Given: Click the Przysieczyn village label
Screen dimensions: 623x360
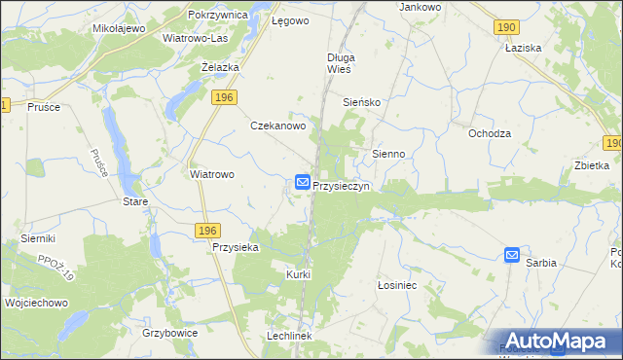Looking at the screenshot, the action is point(341,186).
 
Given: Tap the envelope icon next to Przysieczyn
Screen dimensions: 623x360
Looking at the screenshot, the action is point(303,182).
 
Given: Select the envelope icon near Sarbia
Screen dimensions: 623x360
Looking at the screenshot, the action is point(512,255).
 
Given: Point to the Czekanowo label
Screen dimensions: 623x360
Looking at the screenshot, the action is point(279,126).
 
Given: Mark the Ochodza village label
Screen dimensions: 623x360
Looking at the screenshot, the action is point(490,133).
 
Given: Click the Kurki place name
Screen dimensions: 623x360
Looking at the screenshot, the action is point(298,274).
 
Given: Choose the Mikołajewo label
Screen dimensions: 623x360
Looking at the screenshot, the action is point(119,28).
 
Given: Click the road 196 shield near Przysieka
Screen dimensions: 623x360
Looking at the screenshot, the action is point(205,230).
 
